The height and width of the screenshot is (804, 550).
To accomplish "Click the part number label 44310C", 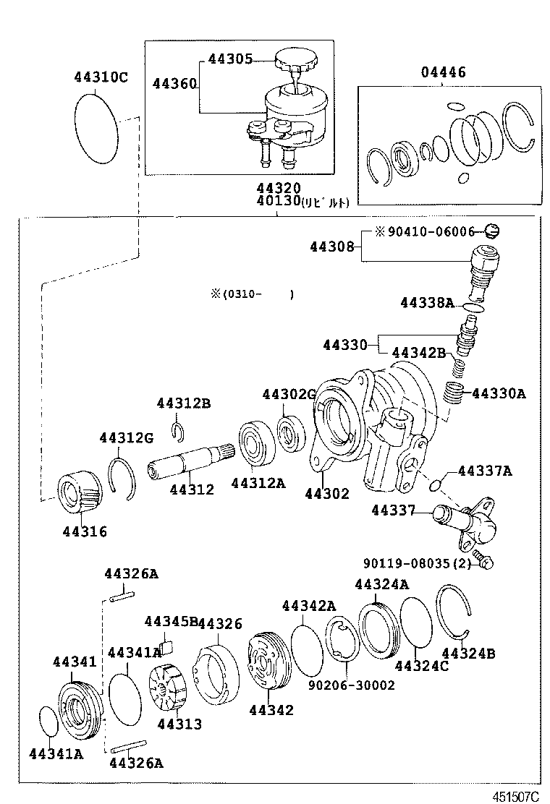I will coord(100,77).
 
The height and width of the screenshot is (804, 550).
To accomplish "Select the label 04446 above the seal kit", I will coord(444,72).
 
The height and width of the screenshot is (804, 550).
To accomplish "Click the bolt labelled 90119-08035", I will coord(486,563).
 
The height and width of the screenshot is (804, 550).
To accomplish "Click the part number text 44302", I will coord(326,494).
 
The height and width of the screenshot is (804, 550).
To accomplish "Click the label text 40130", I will coord(273,202).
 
